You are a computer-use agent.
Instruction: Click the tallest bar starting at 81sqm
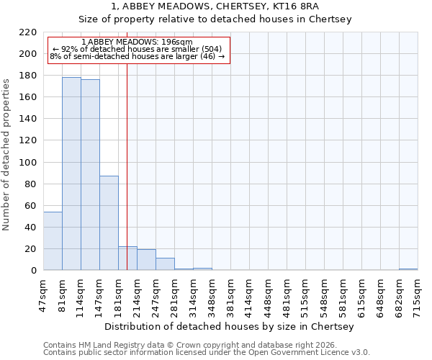click(x=71, y=174)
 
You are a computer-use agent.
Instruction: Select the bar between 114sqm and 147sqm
click(x=90, y=175)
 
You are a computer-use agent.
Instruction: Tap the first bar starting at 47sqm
click(x=53, y=240)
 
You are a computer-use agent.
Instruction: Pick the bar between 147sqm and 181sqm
click(x=109, y=223)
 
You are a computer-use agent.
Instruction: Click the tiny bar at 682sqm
click(x=408, y=269)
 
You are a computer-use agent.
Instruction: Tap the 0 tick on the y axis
click(x=34, y=271)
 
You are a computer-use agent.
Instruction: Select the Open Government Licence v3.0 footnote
click(x=207, y=353)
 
